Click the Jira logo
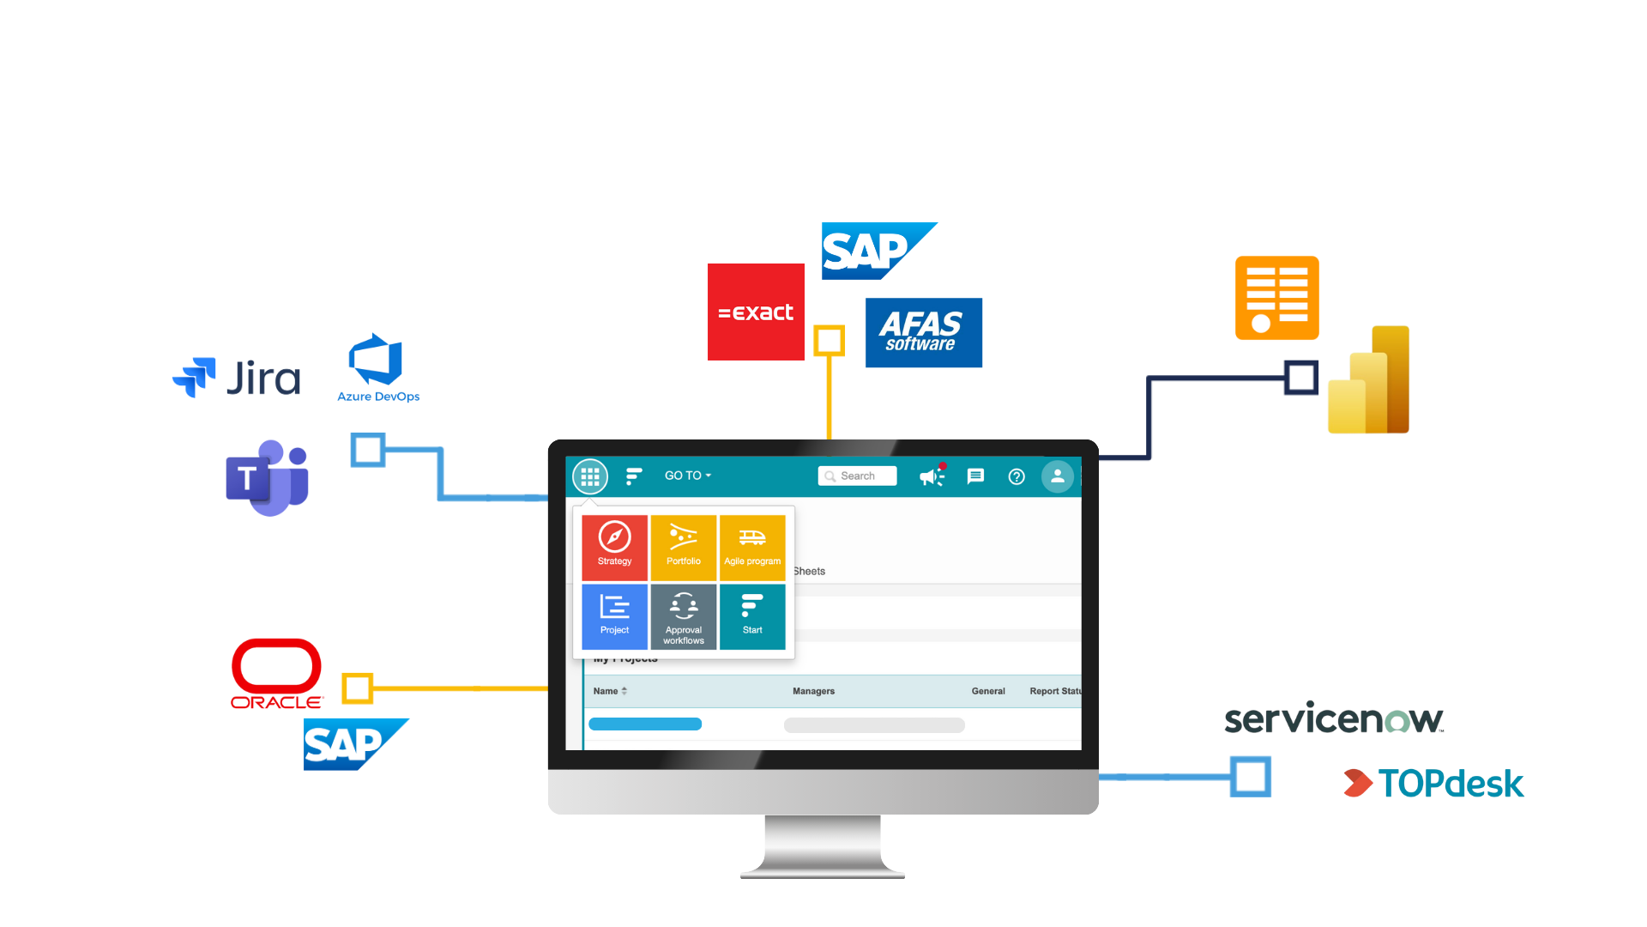238,378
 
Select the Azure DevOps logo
377,367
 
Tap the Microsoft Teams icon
268,478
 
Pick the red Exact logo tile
756,312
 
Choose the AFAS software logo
923,333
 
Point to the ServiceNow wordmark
1334,718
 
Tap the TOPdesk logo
1434,783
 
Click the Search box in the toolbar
858,476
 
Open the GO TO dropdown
687,476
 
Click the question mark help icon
1017,476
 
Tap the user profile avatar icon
1057,476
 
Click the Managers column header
813,691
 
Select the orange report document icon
1276,298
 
